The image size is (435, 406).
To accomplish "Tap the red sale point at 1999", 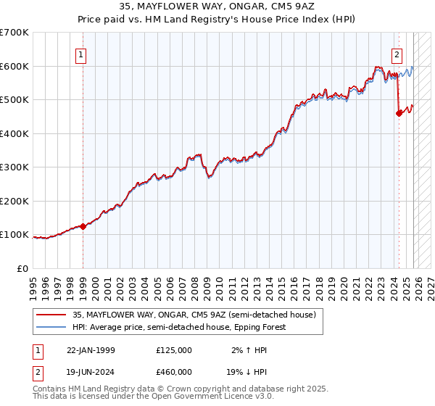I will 83,226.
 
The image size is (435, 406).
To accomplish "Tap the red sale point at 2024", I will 399,113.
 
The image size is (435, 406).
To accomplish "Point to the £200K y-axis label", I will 14,201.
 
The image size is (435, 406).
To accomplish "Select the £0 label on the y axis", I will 23,268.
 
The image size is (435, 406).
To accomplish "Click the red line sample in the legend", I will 51,315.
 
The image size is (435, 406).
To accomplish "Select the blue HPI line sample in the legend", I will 51,327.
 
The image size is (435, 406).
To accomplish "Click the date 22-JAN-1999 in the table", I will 91,350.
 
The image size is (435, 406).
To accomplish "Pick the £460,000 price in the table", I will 174,373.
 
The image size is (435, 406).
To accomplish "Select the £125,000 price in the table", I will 174,350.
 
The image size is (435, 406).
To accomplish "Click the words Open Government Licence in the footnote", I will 204,397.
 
